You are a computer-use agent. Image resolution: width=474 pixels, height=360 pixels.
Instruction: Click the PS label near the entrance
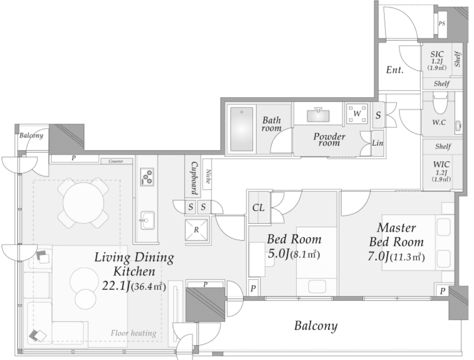442,24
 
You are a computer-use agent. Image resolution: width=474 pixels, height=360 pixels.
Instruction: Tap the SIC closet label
437,54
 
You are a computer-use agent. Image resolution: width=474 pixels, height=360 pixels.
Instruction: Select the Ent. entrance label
395,70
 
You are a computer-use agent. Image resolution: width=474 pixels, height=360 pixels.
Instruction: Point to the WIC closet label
442,165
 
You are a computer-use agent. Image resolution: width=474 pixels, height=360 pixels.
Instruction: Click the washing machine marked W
357,114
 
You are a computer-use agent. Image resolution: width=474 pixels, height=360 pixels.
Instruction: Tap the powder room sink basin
318,115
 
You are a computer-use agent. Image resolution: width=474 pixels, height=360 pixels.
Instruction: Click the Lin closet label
377,143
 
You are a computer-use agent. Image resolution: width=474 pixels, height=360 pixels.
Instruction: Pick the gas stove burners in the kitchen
147,177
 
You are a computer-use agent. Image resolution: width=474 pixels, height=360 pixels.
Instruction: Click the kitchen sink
147,220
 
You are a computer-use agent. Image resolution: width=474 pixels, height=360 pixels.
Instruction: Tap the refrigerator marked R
197,230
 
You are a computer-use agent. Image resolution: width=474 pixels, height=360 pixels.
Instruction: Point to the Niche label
208,176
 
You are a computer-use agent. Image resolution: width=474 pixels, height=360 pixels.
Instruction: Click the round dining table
83,203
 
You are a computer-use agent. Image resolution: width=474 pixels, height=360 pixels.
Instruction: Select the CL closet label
258,208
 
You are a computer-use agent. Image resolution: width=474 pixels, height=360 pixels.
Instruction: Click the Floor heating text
133,333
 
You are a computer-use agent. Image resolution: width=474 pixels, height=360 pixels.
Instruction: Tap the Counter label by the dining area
116,161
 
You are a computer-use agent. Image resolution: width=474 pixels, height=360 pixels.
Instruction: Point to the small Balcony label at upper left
31,135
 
